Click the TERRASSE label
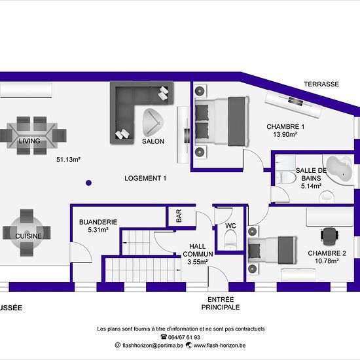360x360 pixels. [321, 84]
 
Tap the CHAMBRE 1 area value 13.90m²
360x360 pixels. [285, 134]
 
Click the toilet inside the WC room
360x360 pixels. [230, 240]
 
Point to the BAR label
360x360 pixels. [179, 216]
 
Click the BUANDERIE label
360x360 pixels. [98, 222]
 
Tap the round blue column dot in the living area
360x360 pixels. [88, 183]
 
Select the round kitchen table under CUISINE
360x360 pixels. [27, 232]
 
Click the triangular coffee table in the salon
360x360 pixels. [153, 122]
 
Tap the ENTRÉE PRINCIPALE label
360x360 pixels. [221, 303]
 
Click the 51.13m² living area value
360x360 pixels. [68, 159]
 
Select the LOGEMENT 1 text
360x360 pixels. [145, 178]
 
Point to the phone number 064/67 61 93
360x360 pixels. [184, 337]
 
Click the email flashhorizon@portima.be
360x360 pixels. [153, 346]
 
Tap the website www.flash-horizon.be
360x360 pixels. [219, 346]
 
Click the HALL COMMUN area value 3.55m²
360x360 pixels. [198, 262]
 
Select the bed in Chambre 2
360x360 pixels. [273, 250]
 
